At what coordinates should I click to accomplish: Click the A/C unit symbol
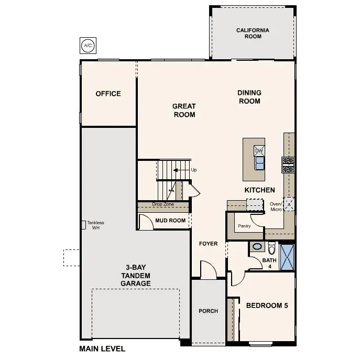click(x=87, y=46)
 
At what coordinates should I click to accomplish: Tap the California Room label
click(x=253, y=34)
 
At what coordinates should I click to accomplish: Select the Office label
click(x=108, y=94)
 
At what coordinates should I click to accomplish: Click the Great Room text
click(x=184, y=110)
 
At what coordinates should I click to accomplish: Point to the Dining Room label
click(x=249, y=97)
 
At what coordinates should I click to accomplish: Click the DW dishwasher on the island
click(x=259, y=151)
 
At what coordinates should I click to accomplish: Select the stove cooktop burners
click(x=288, y=165)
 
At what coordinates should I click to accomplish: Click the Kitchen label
click(x=259, y=190)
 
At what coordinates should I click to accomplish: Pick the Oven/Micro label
click(x=276, y=206)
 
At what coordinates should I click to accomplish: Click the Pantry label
click(x=244, y=226)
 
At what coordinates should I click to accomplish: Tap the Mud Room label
click(x=170, y=221)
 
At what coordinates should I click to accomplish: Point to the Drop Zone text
click(x=162, y=204)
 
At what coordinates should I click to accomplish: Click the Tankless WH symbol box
click(x=83, y=224)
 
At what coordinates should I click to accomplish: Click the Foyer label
click(x=208, y=244)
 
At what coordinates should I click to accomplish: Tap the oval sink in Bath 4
click(x=257, y=246)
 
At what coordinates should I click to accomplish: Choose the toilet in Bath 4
click(x=271, y=247)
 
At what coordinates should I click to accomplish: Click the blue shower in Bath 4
click(x=287, y=257)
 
